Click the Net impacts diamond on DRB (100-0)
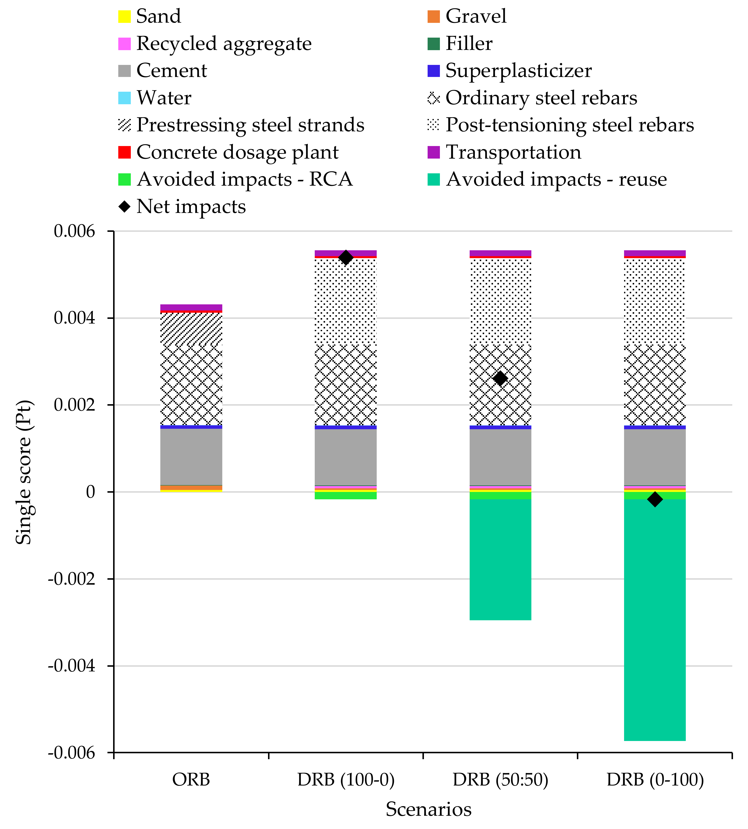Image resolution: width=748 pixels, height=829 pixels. pos(346,257)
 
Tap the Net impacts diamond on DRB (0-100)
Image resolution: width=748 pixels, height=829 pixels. pos(655,499)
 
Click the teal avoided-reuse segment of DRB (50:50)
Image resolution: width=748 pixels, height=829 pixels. pos(500,559)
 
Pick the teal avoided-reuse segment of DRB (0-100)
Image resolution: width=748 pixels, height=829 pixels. pos(655,617)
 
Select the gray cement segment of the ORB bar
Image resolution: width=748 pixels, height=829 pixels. pos(191,457)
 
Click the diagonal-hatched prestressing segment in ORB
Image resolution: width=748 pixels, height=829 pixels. pos(191,327)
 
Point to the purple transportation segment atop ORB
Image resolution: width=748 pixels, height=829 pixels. pos(191,307)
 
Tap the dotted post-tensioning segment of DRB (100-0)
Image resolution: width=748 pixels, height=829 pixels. pos(346,300)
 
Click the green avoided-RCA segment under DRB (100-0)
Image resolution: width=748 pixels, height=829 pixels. pos(346,496)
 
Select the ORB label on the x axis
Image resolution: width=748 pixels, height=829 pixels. pos(191,779)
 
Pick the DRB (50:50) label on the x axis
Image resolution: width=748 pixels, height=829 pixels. pos(500,779)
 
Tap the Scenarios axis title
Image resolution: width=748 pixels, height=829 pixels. pos(428,809)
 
